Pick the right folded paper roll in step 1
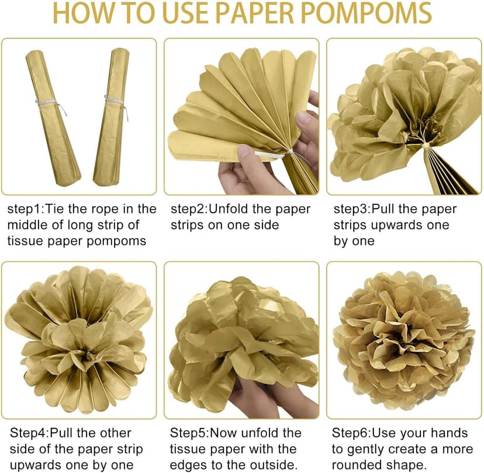pyautogui.click(x=112, y=117)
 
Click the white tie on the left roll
pyautogui.click(x=51, y=105)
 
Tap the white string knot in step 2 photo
pyautogui.click(x=290, y=152)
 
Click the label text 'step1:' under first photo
pyautogui.click(x=26, y=210)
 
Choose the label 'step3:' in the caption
pyautogui.click(x=352, y=210)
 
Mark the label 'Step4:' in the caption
pyautogui.click(x=29, y=433)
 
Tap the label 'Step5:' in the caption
pyautogui.click(x=189, y=433)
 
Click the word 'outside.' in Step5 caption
pyautogui.click(x=274, y=465)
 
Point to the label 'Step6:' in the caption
pyautogui.click(x=351, y=433)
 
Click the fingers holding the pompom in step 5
pyautogui.click(x=272, y=397)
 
